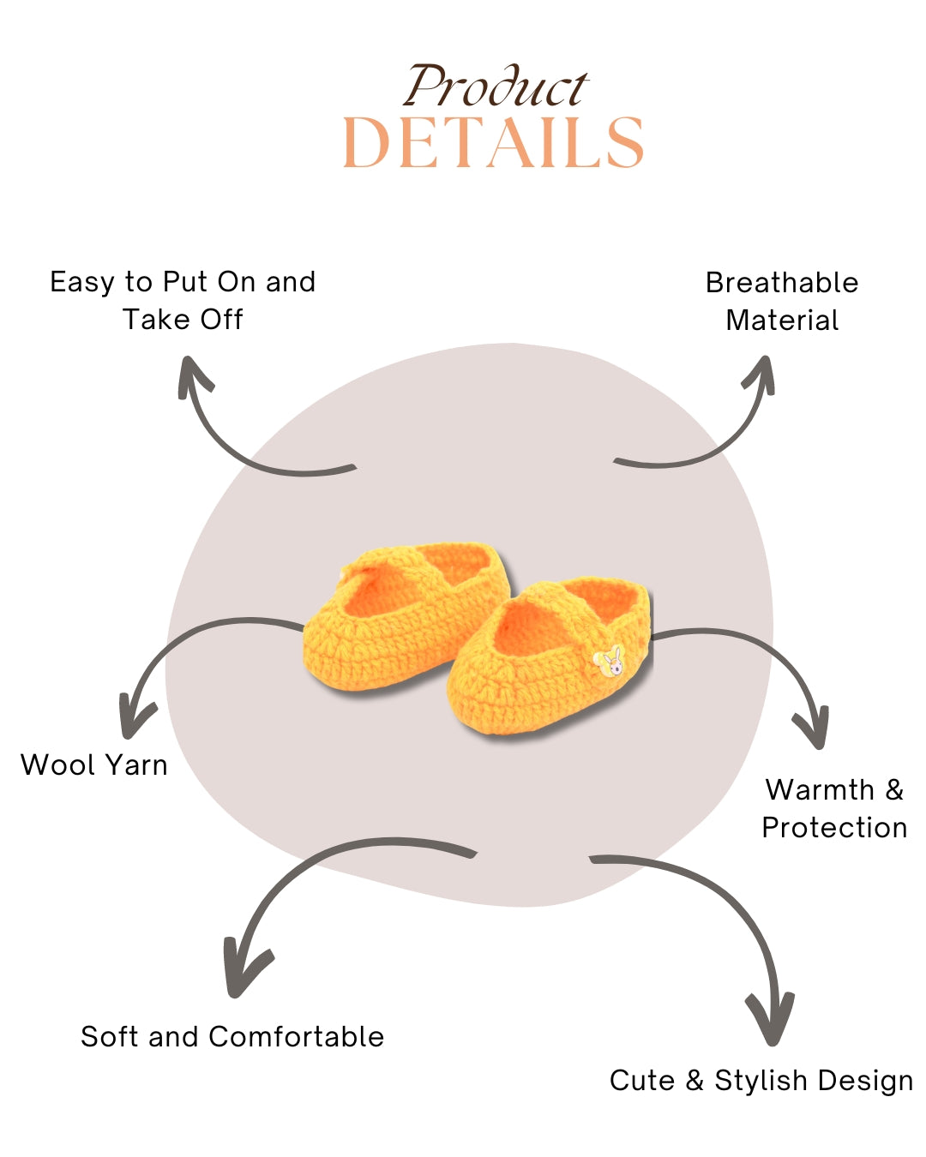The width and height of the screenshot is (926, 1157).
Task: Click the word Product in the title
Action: tap(496, 87)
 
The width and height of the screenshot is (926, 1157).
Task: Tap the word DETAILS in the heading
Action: tap(493, 143)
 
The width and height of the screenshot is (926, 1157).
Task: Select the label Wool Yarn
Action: tap(94, 764)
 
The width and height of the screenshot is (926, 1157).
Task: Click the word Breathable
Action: tap(782, 283)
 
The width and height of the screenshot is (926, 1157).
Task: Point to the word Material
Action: tap(782, 321)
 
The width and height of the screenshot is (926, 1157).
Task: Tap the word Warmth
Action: tap(820, 789)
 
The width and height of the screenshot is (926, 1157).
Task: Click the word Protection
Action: tap(834, 828)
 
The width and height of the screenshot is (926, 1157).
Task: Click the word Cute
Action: tap(642, 1081)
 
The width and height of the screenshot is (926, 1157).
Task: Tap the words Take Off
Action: tap(183, 320)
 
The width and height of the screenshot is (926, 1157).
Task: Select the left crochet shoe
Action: tap(403, 617)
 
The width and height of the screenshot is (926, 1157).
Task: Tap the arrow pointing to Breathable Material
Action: tap(712, 437)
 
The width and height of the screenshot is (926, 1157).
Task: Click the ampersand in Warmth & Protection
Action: tap(894, 789)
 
